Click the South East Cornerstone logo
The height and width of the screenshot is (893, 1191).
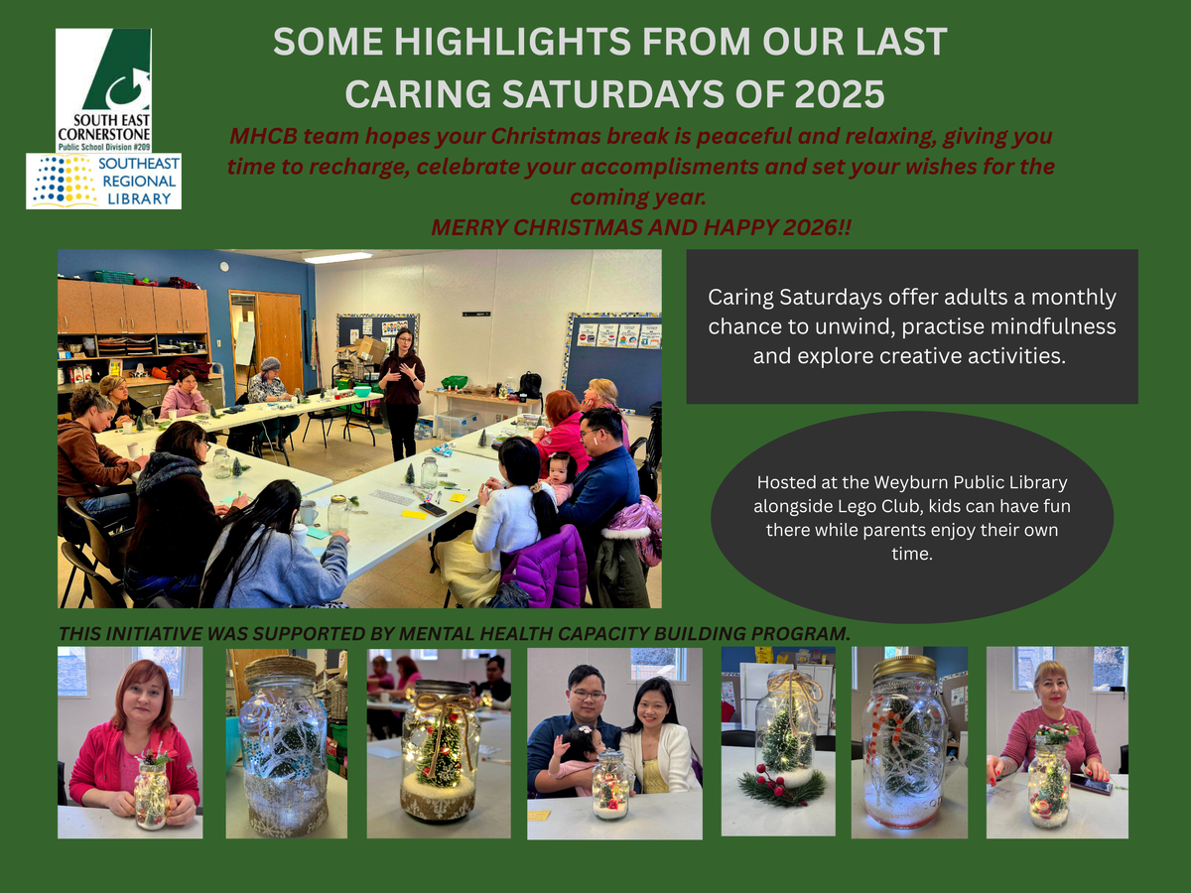coord(103,90)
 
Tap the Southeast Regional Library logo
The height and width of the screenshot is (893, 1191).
coord(103,182)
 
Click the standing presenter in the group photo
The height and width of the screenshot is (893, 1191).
coord(402,393)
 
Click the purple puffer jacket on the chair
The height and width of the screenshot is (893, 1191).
coord(544,567)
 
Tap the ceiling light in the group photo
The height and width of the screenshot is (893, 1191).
coord(336,256)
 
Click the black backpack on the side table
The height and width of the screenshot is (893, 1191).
coord(530,384)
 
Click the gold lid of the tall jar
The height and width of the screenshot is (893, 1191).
coord(904,667)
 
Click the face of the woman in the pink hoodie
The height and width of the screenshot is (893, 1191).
coord(144,699)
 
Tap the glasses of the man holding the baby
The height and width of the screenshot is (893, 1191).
coord(588,695)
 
